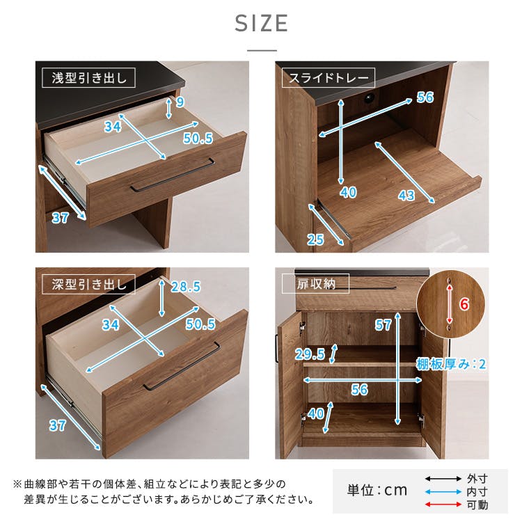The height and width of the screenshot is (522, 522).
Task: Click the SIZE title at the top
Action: pos(261,23)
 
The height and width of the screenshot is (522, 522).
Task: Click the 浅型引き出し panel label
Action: pos(88,77)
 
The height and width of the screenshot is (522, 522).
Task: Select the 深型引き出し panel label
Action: pos(88,284)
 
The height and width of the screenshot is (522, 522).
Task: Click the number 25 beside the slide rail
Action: pos(315,240)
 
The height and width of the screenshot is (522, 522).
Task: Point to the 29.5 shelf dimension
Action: pos(310,354)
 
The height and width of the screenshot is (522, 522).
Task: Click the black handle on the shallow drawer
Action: pos(172,175)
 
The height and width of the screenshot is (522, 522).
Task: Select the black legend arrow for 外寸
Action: pos(443,479)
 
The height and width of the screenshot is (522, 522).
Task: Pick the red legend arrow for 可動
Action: pos(443,505)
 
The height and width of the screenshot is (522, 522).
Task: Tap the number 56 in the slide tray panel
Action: pos(425,97)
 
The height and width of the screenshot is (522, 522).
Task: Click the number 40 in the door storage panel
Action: pos(315,413)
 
